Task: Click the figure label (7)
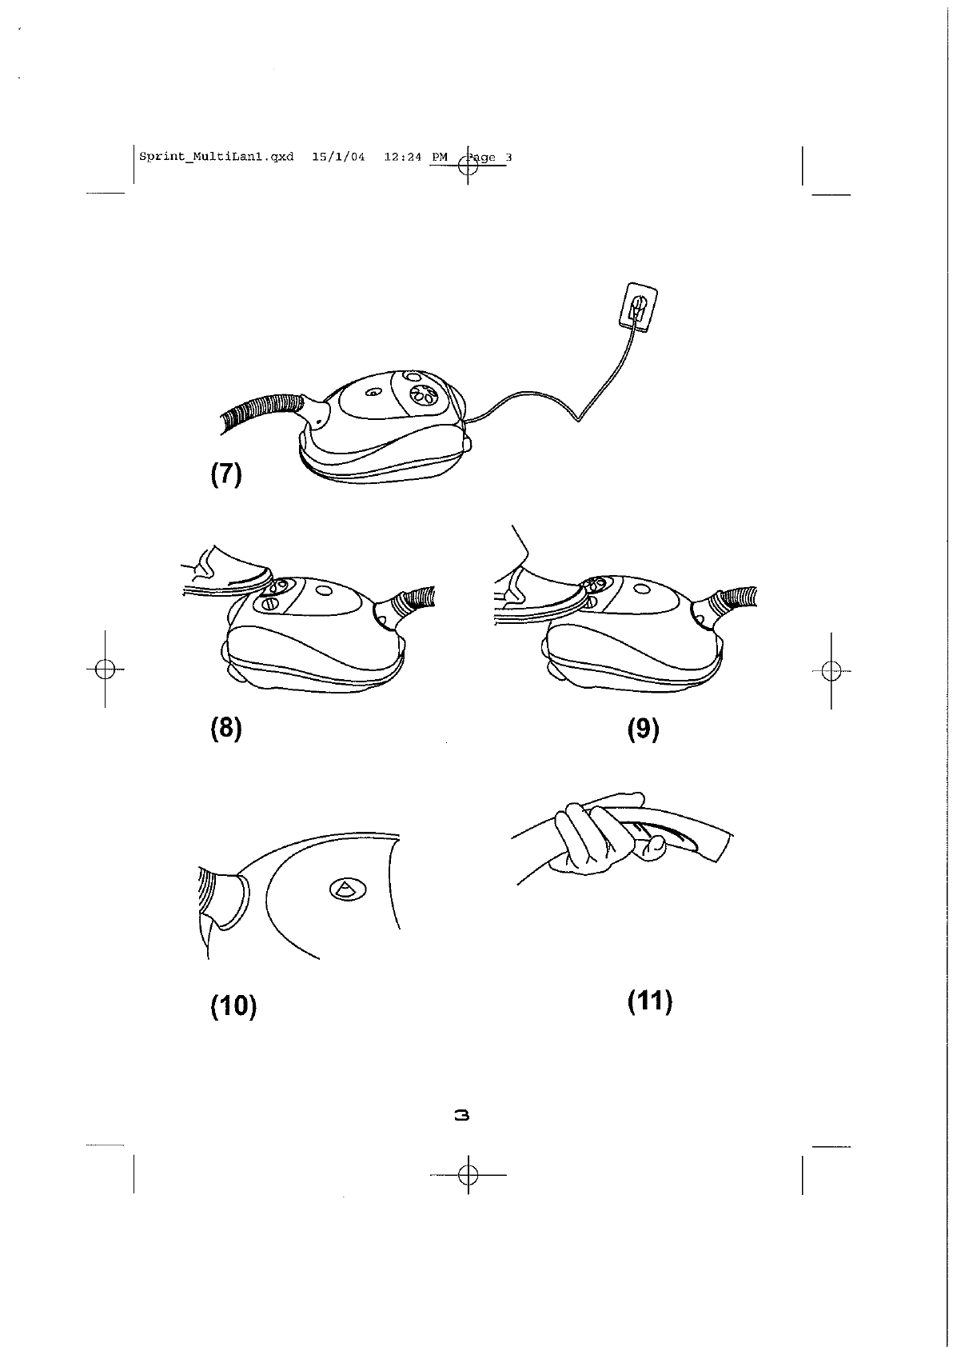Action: pos(225,474)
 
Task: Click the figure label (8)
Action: pos(225,729)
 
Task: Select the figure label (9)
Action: pos(644,729)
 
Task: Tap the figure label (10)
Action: pos(233,1005)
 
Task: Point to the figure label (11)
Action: pos(649,1001)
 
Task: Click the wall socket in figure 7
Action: pos(640,307)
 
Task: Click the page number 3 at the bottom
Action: pos(461,1114)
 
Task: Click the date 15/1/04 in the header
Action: pos(338,157)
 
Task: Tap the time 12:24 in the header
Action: pos(402,157)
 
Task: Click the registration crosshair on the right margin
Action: pos(831,670)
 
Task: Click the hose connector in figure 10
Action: pos(225,897)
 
